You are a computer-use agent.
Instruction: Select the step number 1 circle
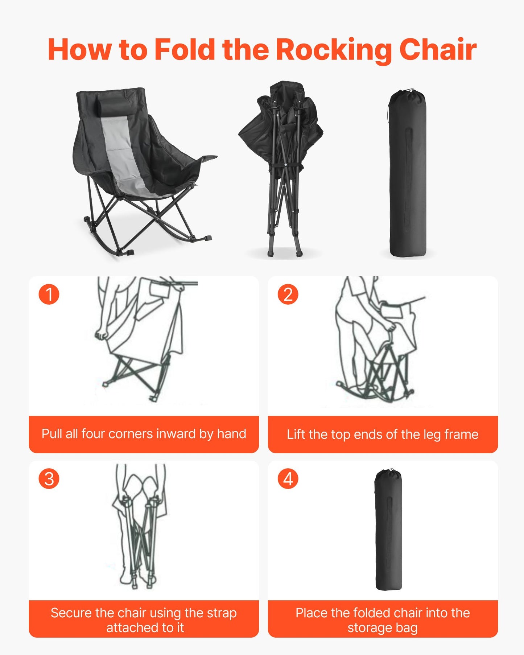(x=49, y=294)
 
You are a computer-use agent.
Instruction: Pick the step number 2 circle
(x=288, y=294)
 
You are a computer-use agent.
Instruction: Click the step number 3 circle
(x=49, y=479)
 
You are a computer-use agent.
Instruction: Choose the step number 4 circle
(x=288, y=479)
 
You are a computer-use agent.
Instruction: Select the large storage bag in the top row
(x=407, y=174)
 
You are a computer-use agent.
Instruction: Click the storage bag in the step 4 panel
(x=388, y=530)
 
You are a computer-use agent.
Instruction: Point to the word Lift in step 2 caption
(x=296, y=434)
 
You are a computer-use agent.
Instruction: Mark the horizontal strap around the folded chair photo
(x=285, y=166)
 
